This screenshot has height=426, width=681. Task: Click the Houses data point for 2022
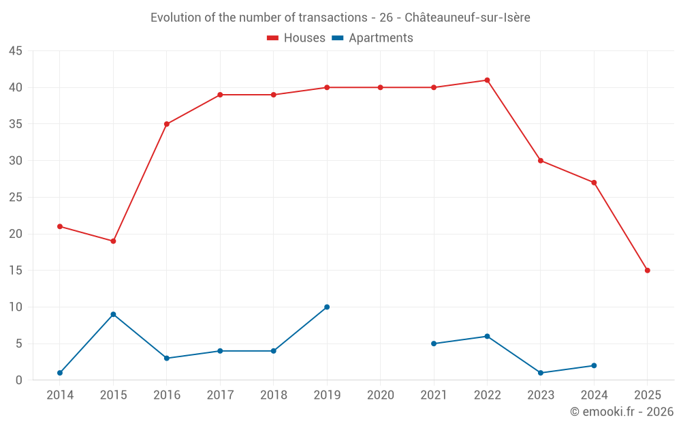[x=487, y=80]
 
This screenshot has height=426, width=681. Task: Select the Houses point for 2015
[x=113, y=241]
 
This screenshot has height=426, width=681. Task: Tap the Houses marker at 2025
[x=647, y=271]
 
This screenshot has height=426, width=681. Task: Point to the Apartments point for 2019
[x=327, y=307]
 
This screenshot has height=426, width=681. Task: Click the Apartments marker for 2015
[x=113, y=314]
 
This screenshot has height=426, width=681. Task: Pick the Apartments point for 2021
[x=434, y=344]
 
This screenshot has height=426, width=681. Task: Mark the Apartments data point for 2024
[x=594, y=365]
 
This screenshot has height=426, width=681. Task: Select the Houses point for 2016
[x=166, y=124]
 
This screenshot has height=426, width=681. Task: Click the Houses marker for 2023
[x=541, y=161]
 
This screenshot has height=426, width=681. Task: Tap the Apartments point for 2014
[x=60, y=373]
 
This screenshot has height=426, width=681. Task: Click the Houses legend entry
[x=296, y=38]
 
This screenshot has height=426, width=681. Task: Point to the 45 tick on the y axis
[x=16, y=51]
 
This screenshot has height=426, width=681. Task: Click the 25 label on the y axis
[x=16, y=198]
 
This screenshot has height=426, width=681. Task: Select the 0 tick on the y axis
[x=19, y=380]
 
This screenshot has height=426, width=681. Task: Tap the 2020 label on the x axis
[x=380, y=395]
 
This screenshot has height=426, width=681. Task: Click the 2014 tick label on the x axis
[x=60, y=395]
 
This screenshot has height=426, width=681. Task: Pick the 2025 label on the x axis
[x=647, y=395]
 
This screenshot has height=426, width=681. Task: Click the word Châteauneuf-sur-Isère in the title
[x=467, y=18]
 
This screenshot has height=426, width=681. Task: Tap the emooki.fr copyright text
[x=622, y=412]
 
